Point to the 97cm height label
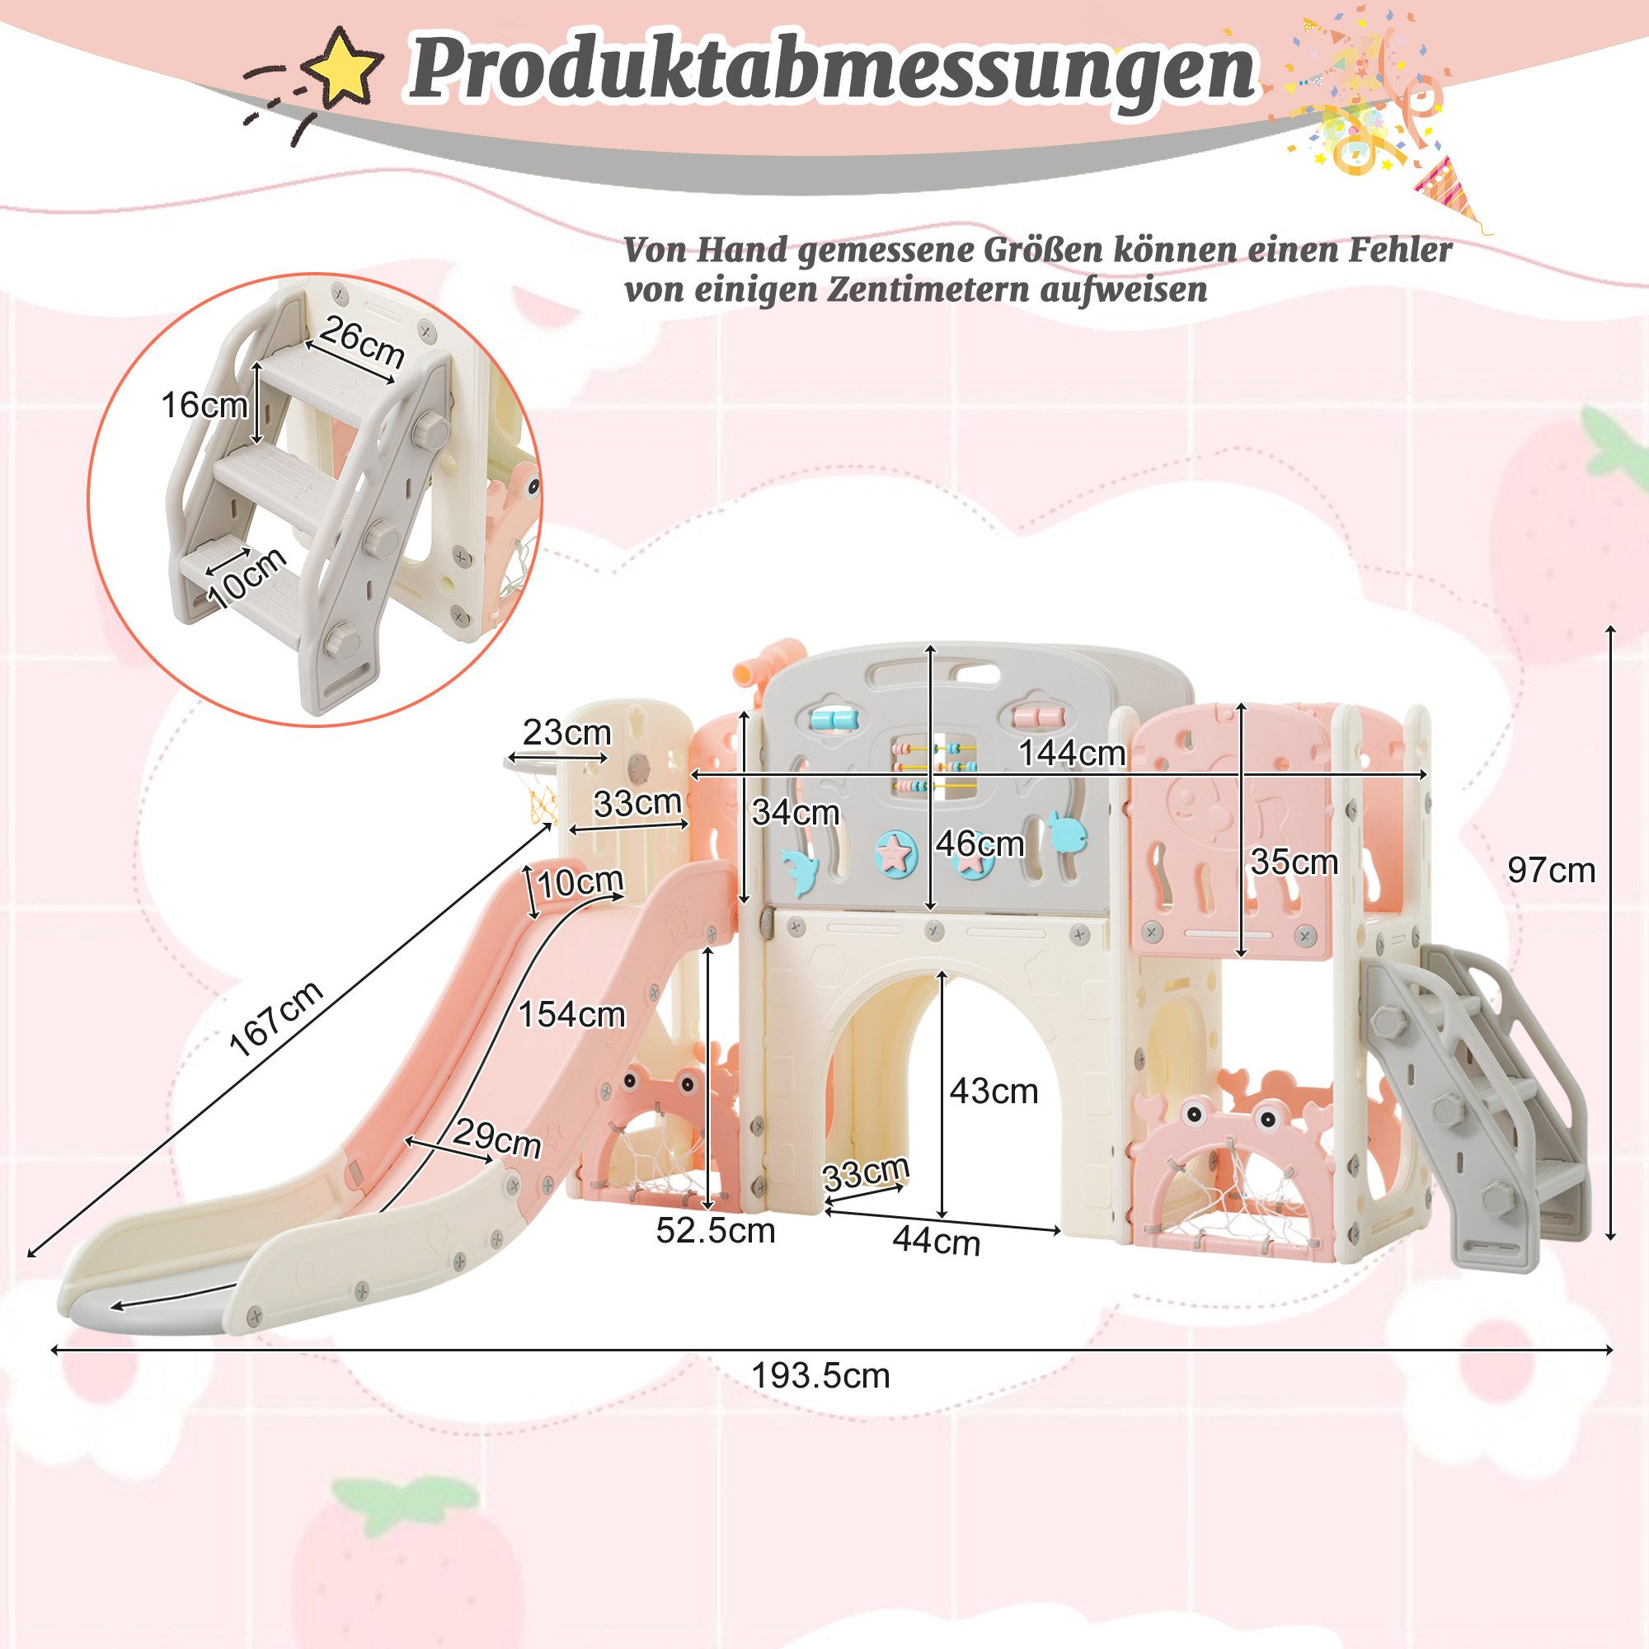(x=1551, y=870)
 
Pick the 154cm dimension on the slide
(x=571, y=1014)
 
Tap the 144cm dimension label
(x=1072, y=753)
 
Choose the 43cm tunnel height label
(x=994, y=1091)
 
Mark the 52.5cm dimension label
(x=715, y=1230)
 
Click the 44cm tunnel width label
(x=937, y=1241)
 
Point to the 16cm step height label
(x=204, y=406)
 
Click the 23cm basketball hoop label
(x=566, y=732)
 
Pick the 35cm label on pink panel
(x=1294, y=862)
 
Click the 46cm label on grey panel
(x=979, y=843)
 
